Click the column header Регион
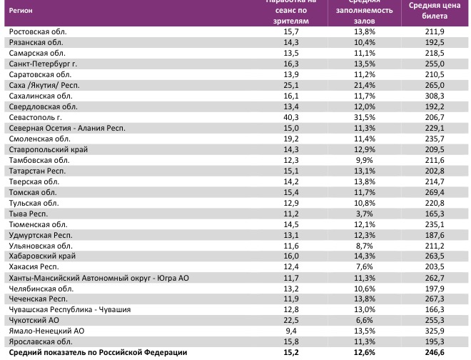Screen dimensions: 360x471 tap(21, 12)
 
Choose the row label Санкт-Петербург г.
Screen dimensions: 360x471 tap(41, 63)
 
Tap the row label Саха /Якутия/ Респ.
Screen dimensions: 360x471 tap(41, 84)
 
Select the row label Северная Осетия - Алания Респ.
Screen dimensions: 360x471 tap(66, 127)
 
